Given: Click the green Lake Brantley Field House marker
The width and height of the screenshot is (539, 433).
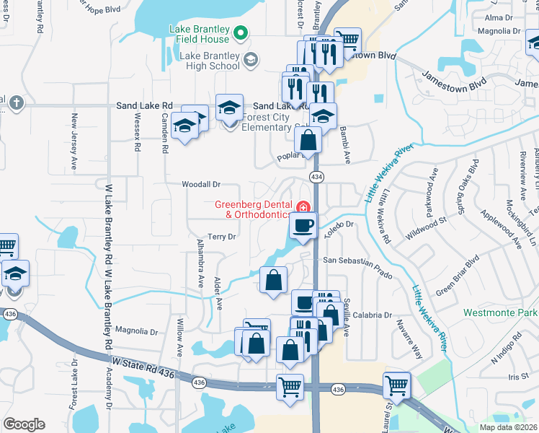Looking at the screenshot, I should click(242, 31).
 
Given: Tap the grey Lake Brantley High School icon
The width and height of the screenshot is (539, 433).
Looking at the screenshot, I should click(250, 60).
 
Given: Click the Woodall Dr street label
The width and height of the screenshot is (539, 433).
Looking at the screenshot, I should click(201, 185).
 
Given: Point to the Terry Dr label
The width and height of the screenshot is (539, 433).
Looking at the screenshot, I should click(221, 237).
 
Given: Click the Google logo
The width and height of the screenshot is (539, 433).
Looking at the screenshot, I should click(24, 424).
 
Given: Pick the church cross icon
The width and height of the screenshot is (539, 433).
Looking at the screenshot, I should click(14, 102).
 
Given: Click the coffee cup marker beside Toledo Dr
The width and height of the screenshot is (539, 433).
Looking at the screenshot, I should click(303, 225).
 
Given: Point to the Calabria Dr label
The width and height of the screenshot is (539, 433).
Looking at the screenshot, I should click(373, 315).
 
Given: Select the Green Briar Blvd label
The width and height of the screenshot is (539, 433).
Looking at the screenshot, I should click(457, 275).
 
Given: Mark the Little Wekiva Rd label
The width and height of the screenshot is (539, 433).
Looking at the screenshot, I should click(386, 215).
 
